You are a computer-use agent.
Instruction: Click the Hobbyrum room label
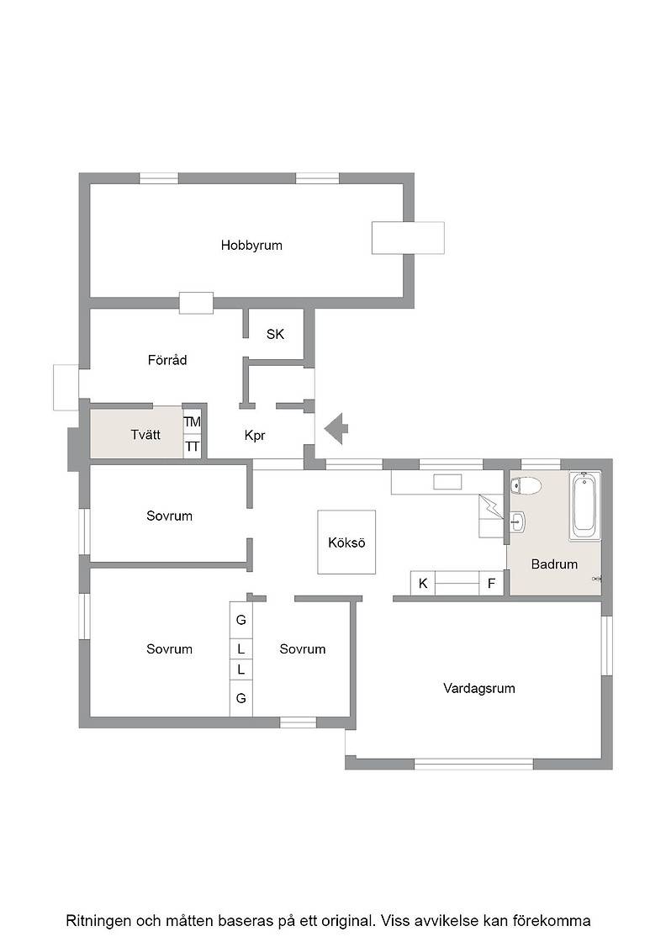pyautogui.click(x=251, y=245)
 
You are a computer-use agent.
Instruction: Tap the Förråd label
pyautogui.click(x=167, y=360)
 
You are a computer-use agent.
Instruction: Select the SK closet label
pyautogui.click(x=275, y=334)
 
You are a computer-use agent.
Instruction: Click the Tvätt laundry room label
pyautogui.click(x=145, y=434)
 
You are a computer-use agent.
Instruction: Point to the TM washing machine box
pyautogui.click(x=193, y=421)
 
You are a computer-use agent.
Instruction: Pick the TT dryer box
pyautogui.click(x=193, y=447)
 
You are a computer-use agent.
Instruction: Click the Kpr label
pyautogui.click(x=255, y=436)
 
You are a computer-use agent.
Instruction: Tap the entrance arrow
pyautogui.click(x=336, y=429)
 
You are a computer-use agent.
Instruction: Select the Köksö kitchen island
pyautogui.click(x=346, y=542)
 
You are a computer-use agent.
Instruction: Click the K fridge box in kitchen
pyautogui.click(x=423, y=583)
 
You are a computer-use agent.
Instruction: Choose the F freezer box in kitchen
pyautogui.click(x=491, y=583)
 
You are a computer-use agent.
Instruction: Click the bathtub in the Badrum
pyautogui.click(x=585, y=505)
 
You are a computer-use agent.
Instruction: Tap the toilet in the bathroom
pyautogui.click(x=526, y=485)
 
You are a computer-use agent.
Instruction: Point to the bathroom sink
pyautogui.click(x=518, y=522)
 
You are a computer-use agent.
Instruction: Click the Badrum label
pyautogui.click(x=554, y=564)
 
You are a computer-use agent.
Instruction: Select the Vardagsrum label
pyautogui.click(x=479, y=689)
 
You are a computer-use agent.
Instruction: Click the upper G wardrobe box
pyautogui.click(x=240, y=620)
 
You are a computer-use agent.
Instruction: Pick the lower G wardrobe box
pyautogui.click(x=240, y=698)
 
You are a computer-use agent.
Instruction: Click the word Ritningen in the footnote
pyautogui.click(x=98, y=921)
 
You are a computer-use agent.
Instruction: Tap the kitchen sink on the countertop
pyautogui.click(x=447, y=482)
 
